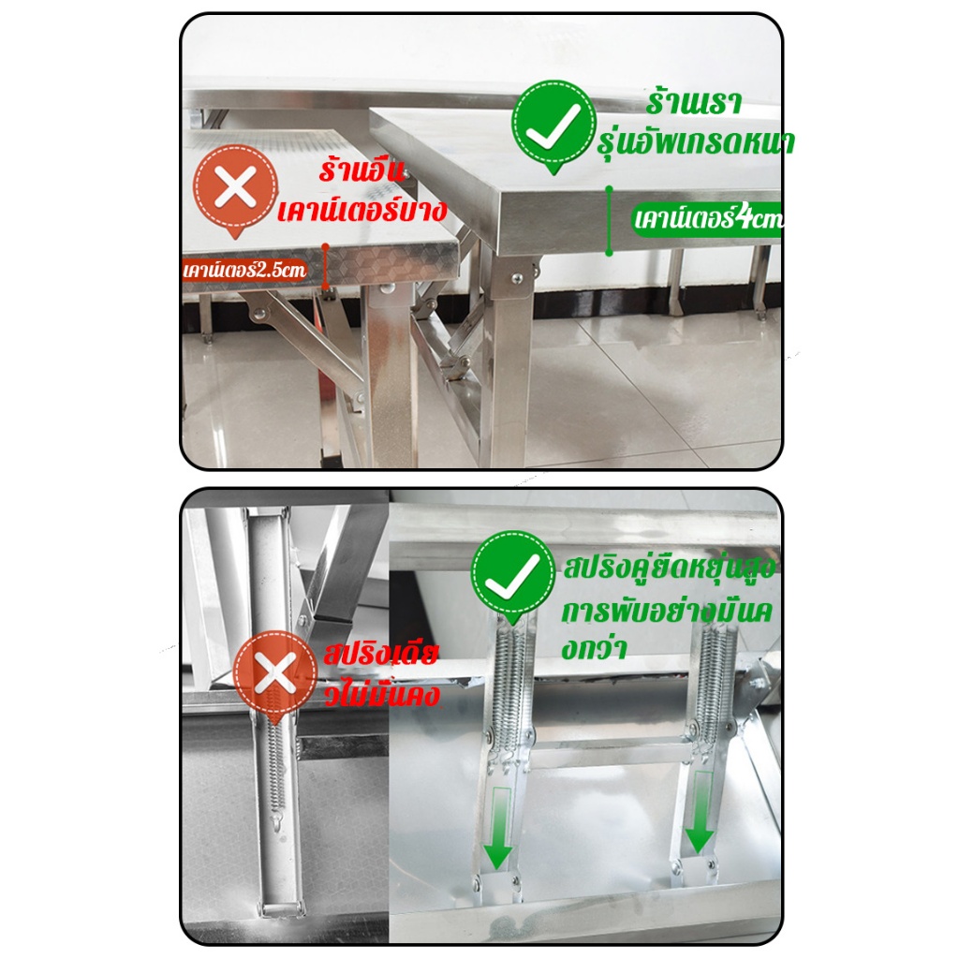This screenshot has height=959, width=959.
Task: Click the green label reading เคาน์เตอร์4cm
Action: pos(707,218)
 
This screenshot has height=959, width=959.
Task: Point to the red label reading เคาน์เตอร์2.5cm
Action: pos(244,270)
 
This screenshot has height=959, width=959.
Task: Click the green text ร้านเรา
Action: pos(694,103)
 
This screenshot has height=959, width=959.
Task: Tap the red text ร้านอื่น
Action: pos(361,170)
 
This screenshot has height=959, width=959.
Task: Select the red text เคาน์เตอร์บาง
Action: pos(362,210)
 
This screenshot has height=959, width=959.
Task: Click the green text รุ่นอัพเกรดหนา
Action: pos(696,143)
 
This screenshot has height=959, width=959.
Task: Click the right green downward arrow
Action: pos(699,813)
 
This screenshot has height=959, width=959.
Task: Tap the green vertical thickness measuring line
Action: pos(609,220)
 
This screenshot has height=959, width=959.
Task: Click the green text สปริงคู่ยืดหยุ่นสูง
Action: pos(669,568)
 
